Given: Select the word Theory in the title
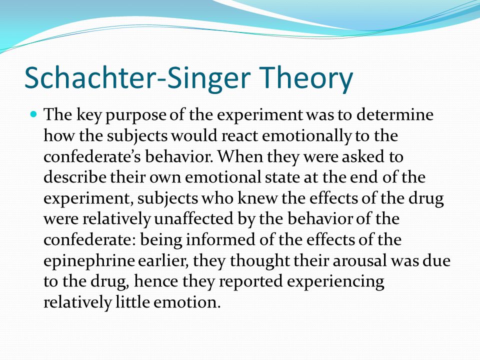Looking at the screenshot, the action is [x=306, y=78].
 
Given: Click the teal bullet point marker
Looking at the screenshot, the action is [x=34, y=114].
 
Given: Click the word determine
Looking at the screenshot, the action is [x=395, y=114].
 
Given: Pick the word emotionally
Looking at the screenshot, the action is [x=306, y=136].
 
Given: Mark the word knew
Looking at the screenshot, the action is [x=257, y=198].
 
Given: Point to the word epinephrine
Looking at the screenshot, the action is [x=89, y=261].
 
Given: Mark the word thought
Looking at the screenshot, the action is [x=259, y=261].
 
